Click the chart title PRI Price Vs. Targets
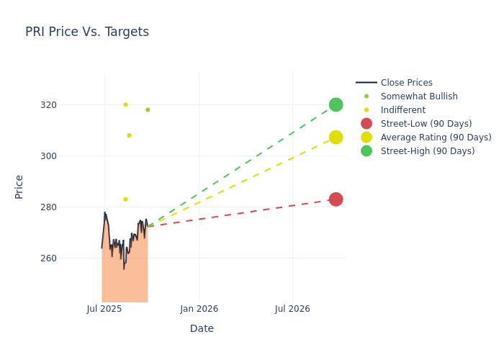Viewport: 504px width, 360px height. pos(87,32)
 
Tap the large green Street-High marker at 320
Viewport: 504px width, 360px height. pos(336,104)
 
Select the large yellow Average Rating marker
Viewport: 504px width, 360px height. pos(336,138)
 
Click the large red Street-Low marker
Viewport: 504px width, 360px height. pos(336,199)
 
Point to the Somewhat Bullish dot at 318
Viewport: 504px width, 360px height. pos(148,110)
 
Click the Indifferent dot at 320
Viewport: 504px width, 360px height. pos(125,104)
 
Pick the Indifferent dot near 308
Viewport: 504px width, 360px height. pos(129,135)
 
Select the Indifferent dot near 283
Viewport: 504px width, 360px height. pos(125,199)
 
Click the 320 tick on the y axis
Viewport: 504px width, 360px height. pos(68,105)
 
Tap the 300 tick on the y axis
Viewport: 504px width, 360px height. pos(68,156)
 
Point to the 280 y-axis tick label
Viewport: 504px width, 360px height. pos(68,207)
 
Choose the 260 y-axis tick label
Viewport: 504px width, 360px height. pos(68,258)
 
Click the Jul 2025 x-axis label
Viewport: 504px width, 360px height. pos(104,309)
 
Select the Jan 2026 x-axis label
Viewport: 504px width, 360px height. pos(199,309)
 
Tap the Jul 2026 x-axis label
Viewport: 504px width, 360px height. pos(292,309)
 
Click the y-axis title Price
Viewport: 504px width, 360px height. pos(19,186)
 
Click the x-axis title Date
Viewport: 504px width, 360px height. pos(202,328)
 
